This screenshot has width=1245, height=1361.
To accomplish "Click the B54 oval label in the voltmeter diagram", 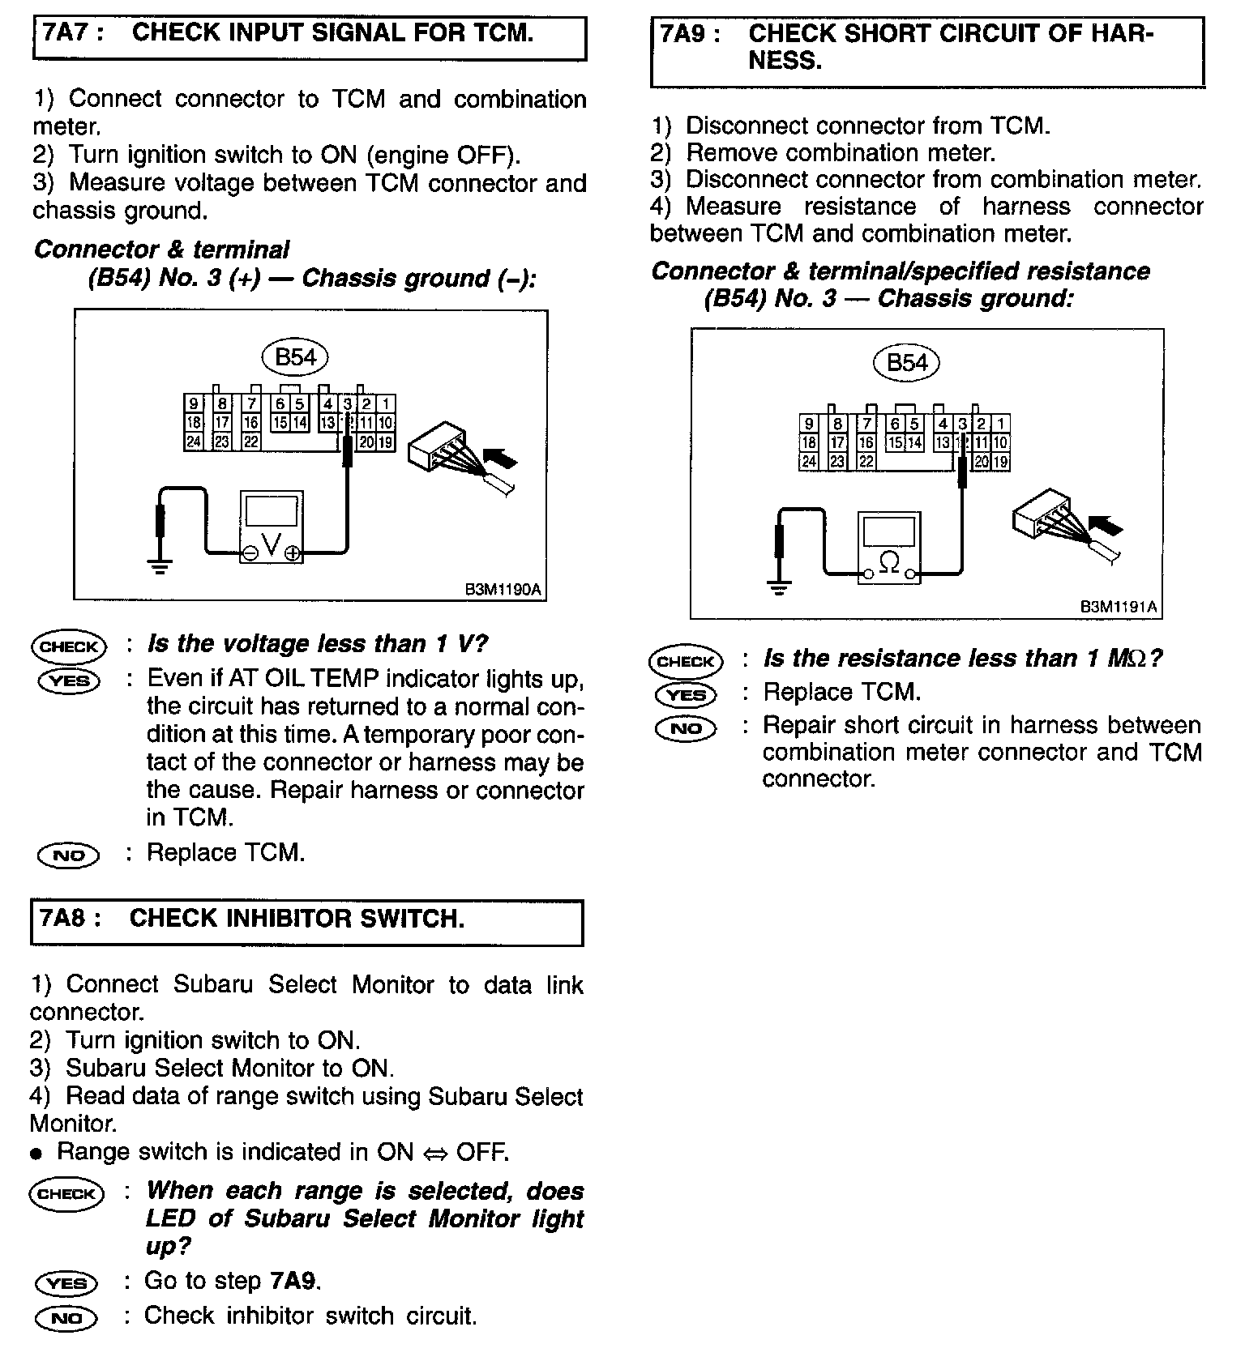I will (295, 356).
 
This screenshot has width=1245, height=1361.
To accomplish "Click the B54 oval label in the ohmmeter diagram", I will (906, 362).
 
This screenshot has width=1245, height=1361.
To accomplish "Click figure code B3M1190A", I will (503, 589).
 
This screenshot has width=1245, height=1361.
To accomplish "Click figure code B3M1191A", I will (1119, 607).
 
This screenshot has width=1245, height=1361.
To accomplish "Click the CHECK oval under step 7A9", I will (685, 661).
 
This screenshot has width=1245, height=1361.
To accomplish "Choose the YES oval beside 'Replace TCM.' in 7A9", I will (685, 695).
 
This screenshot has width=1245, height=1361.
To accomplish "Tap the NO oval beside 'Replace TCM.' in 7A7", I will (68, 855).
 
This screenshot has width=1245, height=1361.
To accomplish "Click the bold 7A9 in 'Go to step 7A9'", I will (293, 1281).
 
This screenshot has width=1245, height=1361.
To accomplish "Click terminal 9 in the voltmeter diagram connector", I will (194, 403).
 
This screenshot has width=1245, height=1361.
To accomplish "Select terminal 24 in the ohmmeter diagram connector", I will (808, 462).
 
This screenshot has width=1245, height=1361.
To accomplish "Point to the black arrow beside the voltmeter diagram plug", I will (503, 460).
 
